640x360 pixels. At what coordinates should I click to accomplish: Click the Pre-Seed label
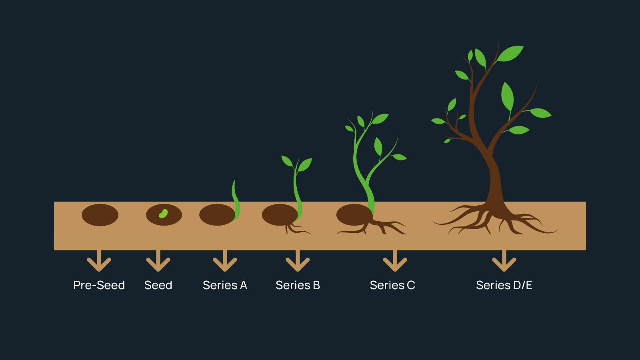tap(99, 285)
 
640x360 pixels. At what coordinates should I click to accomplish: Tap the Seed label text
tap(158, 285)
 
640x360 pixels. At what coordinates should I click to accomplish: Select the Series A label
tap(225, 285)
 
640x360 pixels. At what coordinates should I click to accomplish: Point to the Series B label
tap(298, 285)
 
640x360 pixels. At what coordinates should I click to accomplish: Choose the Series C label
tap(392, 285)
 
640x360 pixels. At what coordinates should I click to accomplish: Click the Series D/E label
tap(504, 285)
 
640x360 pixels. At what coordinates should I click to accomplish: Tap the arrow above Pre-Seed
tap(99, 262)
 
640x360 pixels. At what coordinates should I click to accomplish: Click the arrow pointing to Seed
tap(158, 262)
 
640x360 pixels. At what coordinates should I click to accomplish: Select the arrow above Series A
tap(225, 262)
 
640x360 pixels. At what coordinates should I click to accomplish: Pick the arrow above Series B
tap(298, 262)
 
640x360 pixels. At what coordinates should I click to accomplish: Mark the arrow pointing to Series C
tap(395, 262)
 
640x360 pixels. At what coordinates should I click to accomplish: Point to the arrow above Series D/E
tap(504, 262)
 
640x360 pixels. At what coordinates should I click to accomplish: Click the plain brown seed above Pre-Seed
tap(100, 215)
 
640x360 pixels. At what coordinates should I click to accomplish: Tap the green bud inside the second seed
tap(163, 214)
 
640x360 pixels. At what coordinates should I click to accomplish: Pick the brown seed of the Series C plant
tap(352, 215)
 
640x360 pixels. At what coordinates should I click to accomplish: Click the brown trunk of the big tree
tap(495, 180)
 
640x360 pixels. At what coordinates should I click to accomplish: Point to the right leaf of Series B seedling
tap(305, 164)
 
